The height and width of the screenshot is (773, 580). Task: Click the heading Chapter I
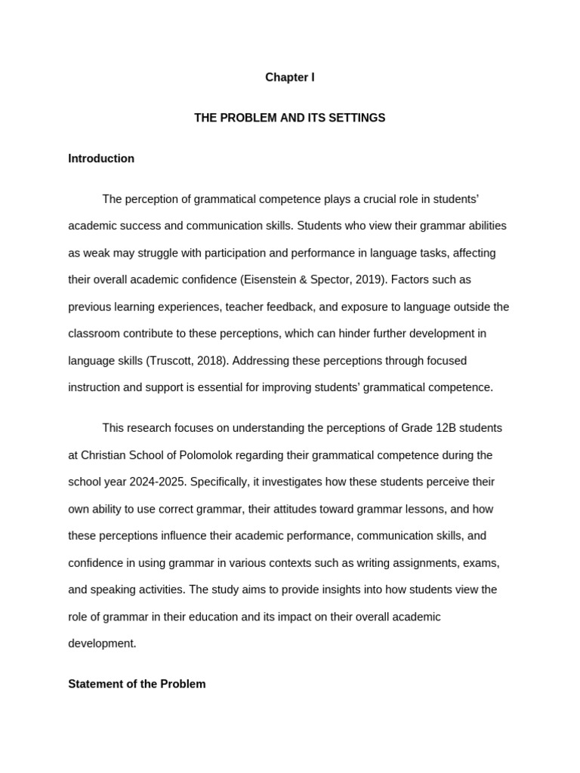(289, 78)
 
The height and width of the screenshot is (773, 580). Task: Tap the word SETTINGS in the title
(356, 118)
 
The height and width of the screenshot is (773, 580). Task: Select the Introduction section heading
(101, 159)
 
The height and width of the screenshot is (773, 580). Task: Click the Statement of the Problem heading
(137, 684)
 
